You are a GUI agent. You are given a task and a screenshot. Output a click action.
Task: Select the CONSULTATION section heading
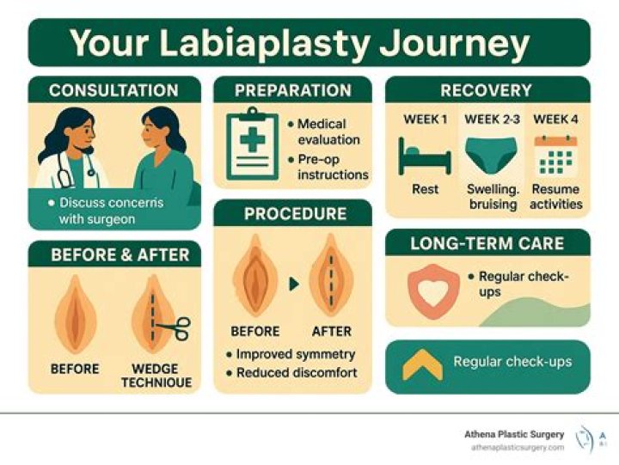(113, 90)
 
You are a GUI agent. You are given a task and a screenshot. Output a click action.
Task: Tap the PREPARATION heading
(291, 90)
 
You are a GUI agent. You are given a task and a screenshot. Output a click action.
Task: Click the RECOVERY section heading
(486, 90)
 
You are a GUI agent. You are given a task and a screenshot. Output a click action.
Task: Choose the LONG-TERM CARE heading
(487, 243)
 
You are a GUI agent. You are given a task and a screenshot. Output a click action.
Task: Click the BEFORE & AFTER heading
(113, 254)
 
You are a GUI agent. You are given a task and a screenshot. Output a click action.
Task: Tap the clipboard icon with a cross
(251, 144)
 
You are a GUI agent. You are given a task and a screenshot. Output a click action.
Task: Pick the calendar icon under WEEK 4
(555, 156)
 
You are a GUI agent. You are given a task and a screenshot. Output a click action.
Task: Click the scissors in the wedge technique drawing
(178, 326)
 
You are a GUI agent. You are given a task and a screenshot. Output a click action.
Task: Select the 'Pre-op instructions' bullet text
(332, 167)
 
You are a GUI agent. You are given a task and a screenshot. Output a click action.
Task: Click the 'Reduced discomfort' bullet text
(296, 372)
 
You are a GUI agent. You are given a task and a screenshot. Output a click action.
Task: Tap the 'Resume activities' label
(555, 196)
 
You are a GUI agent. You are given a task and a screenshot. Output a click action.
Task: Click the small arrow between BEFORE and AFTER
(294, 283)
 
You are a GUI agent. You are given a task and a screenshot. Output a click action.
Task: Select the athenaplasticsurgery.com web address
(517, 448)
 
